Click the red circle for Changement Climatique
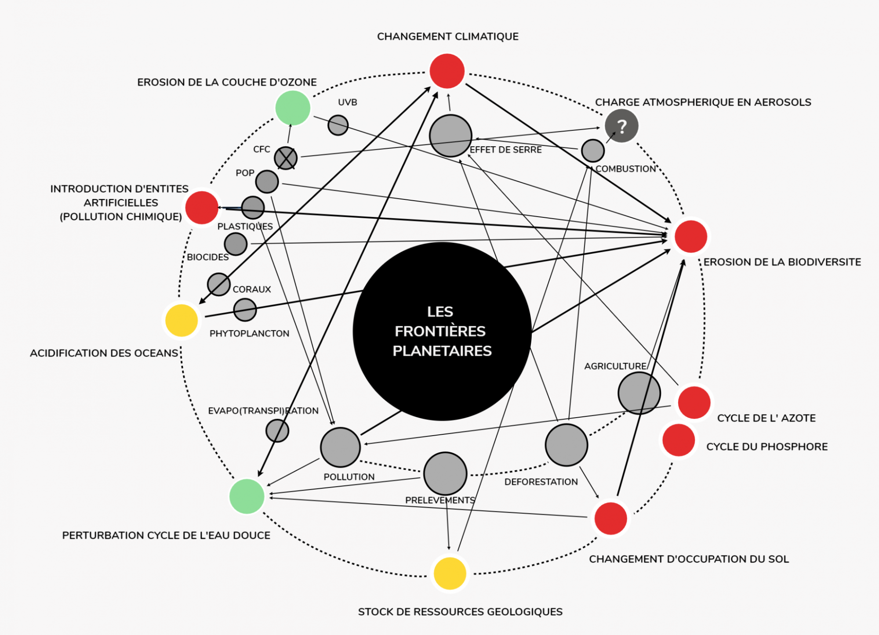pos(447,71)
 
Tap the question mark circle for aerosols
pos(621,126)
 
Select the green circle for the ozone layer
pos(293,108)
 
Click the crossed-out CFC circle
pos(286,158)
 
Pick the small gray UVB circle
pos(338,125)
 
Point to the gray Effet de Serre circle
pos(450,136)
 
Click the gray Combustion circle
pos(592,151)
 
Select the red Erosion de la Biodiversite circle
pos(690,237)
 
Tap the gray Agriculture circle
pos(639,393)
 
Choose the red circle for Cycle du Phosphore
pos(679,440)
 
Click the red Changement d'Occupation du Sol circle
pos(610,518)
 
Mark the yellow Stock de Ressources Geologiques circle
pos(450,574)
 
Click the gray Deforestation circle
pos(566,445)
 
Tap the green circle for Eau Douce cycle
pos(247,496)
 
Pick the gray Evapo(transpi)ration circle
pos(277,430)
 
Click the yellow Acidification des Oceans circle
pos(182,321)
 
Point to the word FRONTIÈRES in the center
pos(440,331)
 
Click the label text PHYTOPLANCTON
pos(249,334)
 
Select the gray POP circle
pos(267,181)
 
